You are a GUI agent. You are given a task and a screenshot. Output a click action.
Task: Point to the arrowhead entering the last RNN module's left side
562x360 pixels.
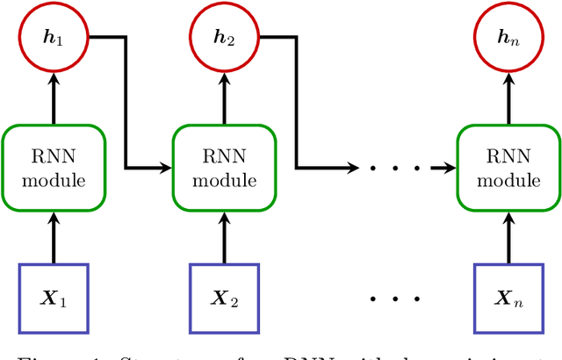[x=450, y=166]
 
